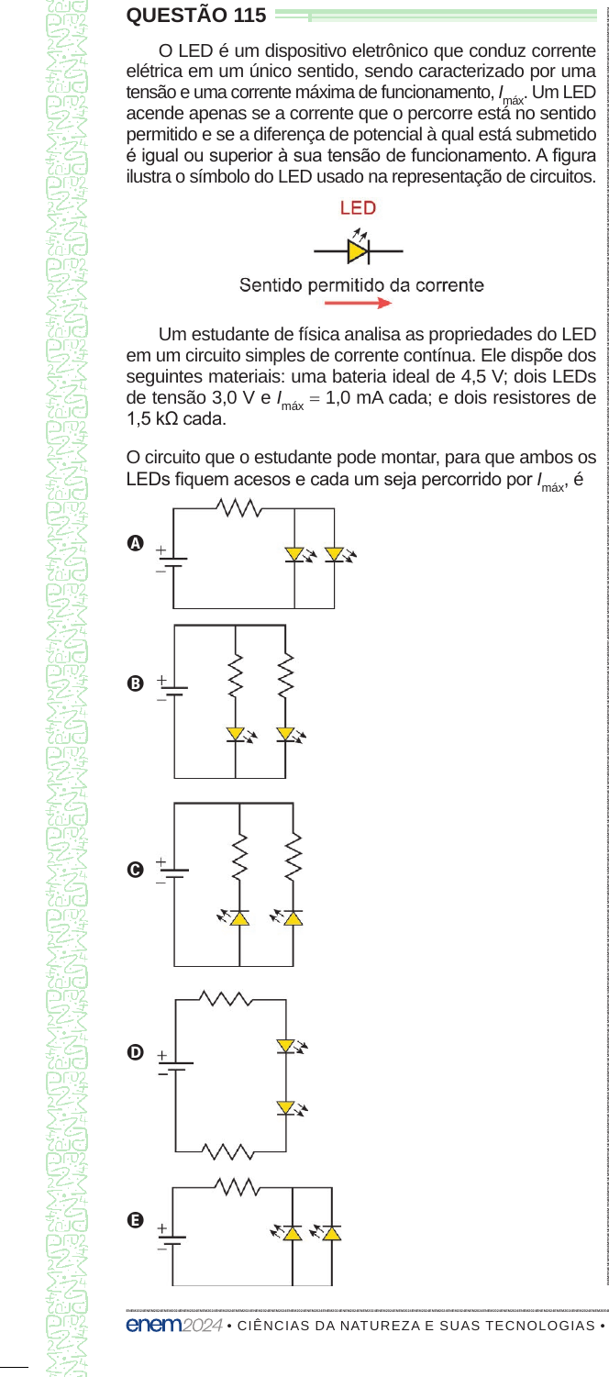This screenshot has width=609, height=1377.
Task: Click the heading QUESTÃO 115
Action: point(196,16)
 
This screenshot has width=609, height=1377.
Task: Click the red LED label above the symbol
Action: point(358,207)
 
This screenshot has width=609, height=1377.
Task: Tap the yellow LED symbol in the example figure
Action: point(358,251)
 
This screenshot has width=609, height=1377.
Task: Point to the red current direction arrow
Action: point(358,303)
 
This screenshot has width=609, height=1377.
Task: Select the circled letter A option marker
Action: point(135,543)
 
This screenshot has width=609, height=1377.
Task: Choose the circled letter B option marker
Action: point(135,683)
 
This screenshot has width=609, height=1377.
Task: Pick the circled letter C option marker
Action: point(135,870)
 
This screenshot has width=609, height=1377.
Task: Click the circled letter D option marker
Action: point(135,1052)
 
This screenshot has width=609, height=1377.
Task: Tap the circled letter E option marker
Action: point(135,1220)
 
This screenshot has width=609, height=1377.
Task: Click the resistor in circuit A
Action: point(238,507)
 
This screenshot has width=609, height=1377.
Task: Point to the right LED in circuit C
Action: point(293,917)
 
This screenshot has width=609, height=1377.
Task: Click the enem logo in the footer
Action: point(154,1325)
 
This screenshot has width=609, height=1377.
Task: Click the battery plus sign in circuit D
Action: point(162,1055)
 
